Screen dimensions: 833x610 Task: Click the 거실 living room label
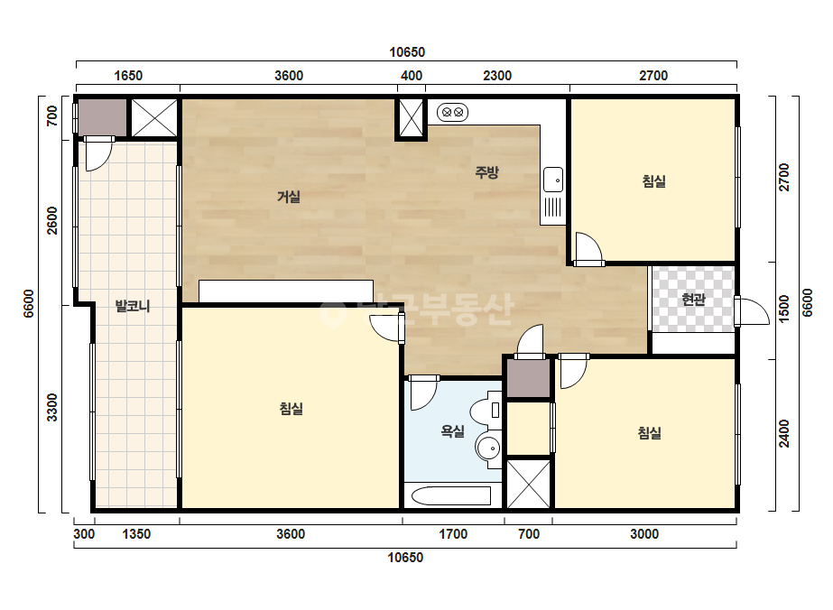tap(289, 197)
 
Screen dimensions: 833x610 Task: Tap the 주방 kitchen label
tap(486, 171)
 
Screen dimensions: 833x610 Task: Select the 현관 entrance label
tap(693, 300)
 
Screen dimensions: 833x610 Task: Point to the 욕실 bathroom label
tap(453, 431)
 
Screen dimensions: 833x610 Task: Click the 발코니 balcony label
tap(133, 306)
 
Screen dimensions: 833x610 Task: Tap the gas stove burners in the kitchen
tap(453, 113)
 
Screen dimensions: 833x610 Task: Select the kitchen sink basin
tap(553, 180)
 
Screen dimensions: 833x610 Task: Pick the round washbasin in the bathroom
tap(487, 448)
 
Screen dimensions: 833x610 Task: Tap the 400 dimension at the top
tap(412, 76)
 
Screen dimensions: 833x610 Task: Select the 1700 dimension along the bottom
tap(453, 534)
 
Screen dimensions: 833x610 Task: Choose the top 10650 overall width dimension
tap(407, 52)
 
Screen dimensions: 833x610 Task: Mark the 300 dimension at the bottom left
tap(84, 534)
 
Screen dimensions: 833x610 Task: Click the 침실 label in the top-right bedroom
tap(654, 181)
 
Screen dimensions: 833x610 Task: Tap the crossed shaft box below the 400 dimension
tap(412, 118)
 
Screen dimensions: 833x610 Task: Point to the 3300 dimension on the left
tap(51, 408)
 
